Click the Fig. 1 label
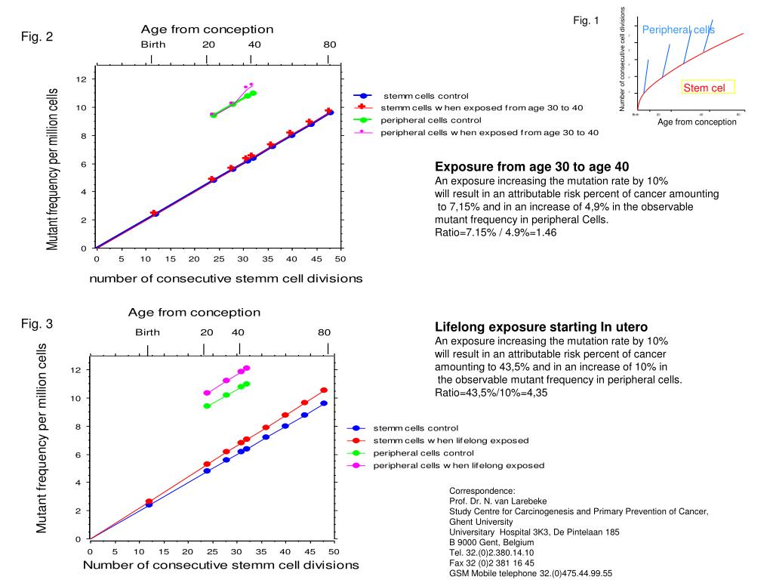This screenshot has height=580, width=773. [586, 20]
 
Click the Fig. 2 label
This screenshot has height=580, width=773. [37, 36]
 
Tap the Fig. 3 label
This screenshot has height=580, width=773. [37, 324]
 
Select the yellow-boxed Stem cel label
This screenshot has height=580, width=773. [707, 88]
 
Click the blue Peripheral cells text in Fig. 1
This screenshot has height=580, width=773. [678, 29]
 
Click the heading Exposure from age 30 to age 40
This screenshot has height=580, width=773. [532, 167]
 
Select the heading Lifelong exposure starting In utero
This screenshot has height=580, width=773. [541, 327]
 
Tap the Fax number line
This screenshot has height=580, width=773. [491, 563]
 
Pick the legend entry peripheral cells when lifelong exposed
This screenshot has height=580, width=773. [458, 465]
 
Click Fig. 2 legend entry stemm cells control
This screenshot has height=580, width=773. [426, 96]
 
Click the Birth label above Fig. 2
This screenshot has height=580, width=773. [153, 45]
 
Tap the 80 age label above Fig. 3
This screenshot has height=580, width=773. [324, 332]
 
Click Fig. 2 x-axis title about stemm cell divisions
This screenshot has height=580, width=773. [226, 278]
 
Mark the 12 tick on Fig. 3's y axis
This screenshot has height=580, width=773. [75, 369]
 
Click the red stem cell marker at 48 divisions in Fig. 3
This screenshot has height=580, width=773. [324, 390]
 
